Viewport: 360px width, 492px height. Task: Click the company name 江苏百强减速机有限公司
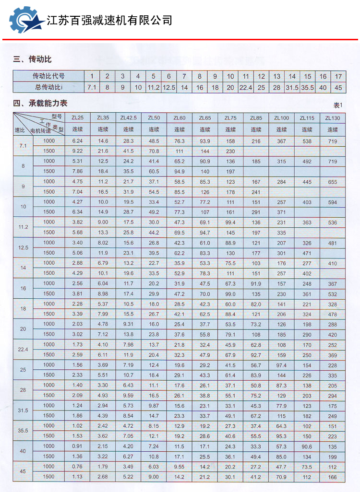point(109,20)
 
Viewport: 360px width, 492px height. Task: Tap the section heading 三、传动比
point(33,59)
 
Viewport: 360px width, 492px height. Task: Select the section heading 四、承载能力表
point(41,103)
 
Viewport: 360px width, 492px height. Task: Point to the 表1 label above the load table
point(338,105)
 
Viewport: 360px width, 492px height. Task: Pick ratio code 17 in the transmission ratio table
point(338,76)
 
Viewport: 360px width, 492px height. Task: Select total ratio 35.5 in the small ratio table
point(307,87)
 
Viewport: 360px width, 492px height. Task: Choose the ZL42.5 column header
point(128,118)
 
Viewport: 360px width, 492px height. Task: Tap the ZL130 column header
point(332,118)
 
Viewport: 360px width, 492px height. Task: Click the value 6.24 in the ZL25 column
point(77,141)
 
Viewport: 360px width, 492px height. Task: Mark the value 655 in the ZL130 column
point(332,182)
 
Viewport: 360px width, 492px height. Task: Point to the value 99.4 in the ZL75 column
point(230,223)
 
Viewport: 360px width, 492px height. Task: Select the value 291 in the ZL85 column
point(256,212)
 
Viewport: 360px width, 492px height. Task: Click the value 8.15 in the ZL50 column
point(154,426)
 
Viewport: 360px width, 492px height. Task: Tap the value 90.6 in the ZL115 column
point(307,446)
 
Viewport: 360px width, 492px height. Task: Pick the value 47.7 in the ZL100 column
point(281,467)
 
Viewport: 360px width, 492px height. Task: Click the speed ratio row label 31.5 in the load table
point(23,410)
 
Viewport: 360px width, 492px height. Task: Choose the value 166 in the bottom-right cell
point(332,477)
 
